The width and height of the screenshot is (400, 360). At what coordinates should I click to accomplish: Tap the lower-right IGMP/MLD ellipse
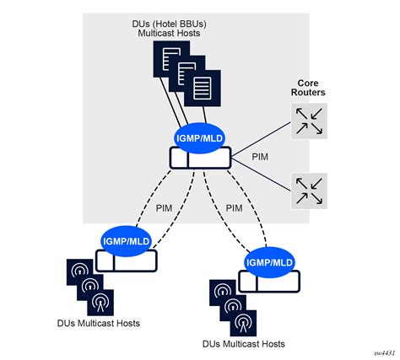coord(269,262)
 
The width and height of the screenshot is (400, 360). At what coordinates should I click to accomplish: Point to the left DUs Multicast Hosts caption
coord(99,324)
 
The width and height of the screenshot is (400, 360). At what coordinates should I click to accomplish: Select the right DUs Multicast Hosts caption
coord(244,344)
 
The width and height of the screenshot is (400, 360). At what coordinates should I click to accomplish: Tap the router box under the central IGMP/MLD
coord(199,157)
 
